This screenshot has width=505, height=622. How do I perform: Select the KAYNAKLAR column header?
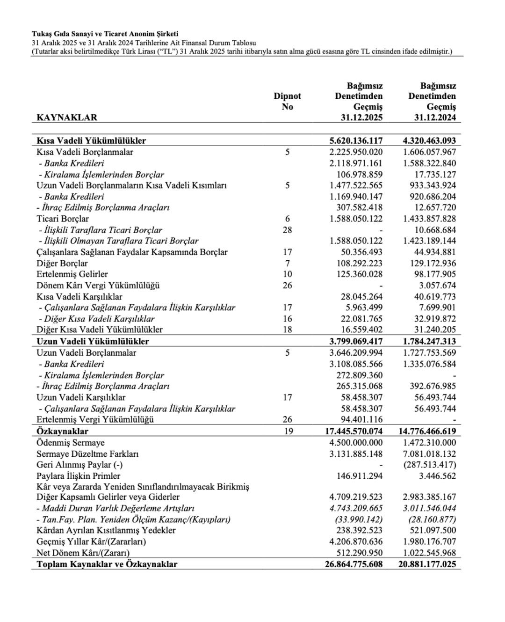tap(67, 117)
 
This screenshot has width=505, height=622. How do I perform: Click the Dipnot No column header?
tap(287, 101)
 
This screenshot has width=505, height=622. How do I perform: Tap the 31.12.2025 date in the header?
tap(361, 117)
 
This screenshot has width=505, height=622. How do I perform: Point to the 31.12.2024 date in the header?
tap(435, 117)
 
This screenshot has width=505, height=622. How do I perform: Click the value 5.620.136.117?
tap(356, 140)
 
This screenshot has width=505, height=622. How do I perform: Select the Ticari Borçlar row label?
tap(63, 219)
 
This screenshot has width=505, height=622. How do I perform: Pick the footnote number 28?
tap(287, 230)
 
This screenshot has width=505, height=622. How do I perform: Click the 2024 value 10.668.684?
tap(432, 230)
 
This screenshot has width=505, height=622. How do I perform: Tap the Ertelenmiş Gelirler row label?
tap(72, 274)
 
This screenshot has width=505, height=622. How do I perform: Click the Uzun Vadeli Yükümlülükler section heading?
tap(93, 341)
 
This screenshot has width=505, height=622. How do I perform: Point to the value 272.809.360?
tap(359, 375)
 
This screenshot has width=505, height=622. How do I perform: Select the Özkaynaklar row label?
tap(62, 431)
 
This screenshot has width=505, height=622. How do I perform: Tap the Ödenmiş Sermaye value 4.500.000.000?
tap(356, 443)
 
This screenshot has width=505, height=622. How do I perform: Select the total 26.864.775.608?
tap(353, 564)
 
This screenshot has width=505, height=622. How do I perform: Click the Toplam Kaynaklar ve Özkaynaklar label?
tap(107, 564)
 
